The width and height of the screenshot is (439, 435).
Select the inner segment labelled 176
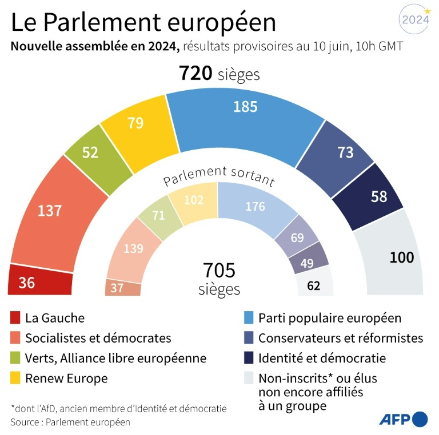coord(254,207)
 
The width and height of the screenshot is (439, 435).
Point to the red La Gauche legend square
coord(15,318)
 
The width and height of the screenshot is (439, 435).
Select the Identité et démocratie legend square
coord(249,358)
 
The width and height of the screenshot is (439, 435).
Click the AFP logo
coord(404,420)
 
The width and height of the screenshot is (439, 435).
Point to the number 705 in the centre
coord(219,270)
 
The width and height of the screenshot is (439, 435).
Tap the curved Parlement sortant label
coord(219,176)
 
